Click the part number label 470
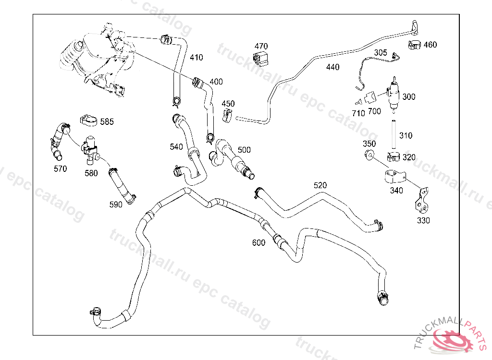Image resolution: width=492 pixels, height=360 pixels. (261, 46)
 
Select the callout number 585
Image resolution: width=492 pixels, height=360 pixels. (107, 122)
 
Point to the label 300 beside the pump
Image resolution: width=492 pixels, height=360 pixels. (408, 97)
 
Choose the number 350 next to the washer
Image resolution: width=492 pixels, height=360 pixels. (369, 144)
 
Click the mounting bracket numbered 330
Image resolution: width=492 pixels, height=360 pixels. (422, 203)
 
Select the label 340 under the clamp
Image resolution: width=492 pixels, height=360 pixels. (396, 191)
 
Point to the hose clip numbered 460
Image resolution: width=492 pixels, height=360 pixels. (414, 46)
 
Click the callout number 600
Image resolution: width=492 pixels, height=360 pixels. (258, 243)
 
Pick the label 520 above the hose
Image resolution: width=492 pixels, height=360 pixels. (320, 185)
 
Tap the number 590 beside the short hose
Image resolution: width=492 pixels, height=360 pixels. (116, 204)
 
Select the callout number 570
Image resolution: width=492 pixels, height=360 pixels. (61, 169)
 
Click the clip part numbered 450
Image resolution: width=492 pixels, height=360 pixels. (227, 115)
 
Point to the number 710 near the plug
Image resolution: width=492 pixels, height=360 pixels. (358, 113)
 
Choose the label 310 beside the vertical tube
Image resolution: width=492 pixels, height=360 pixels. (406, 136)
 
